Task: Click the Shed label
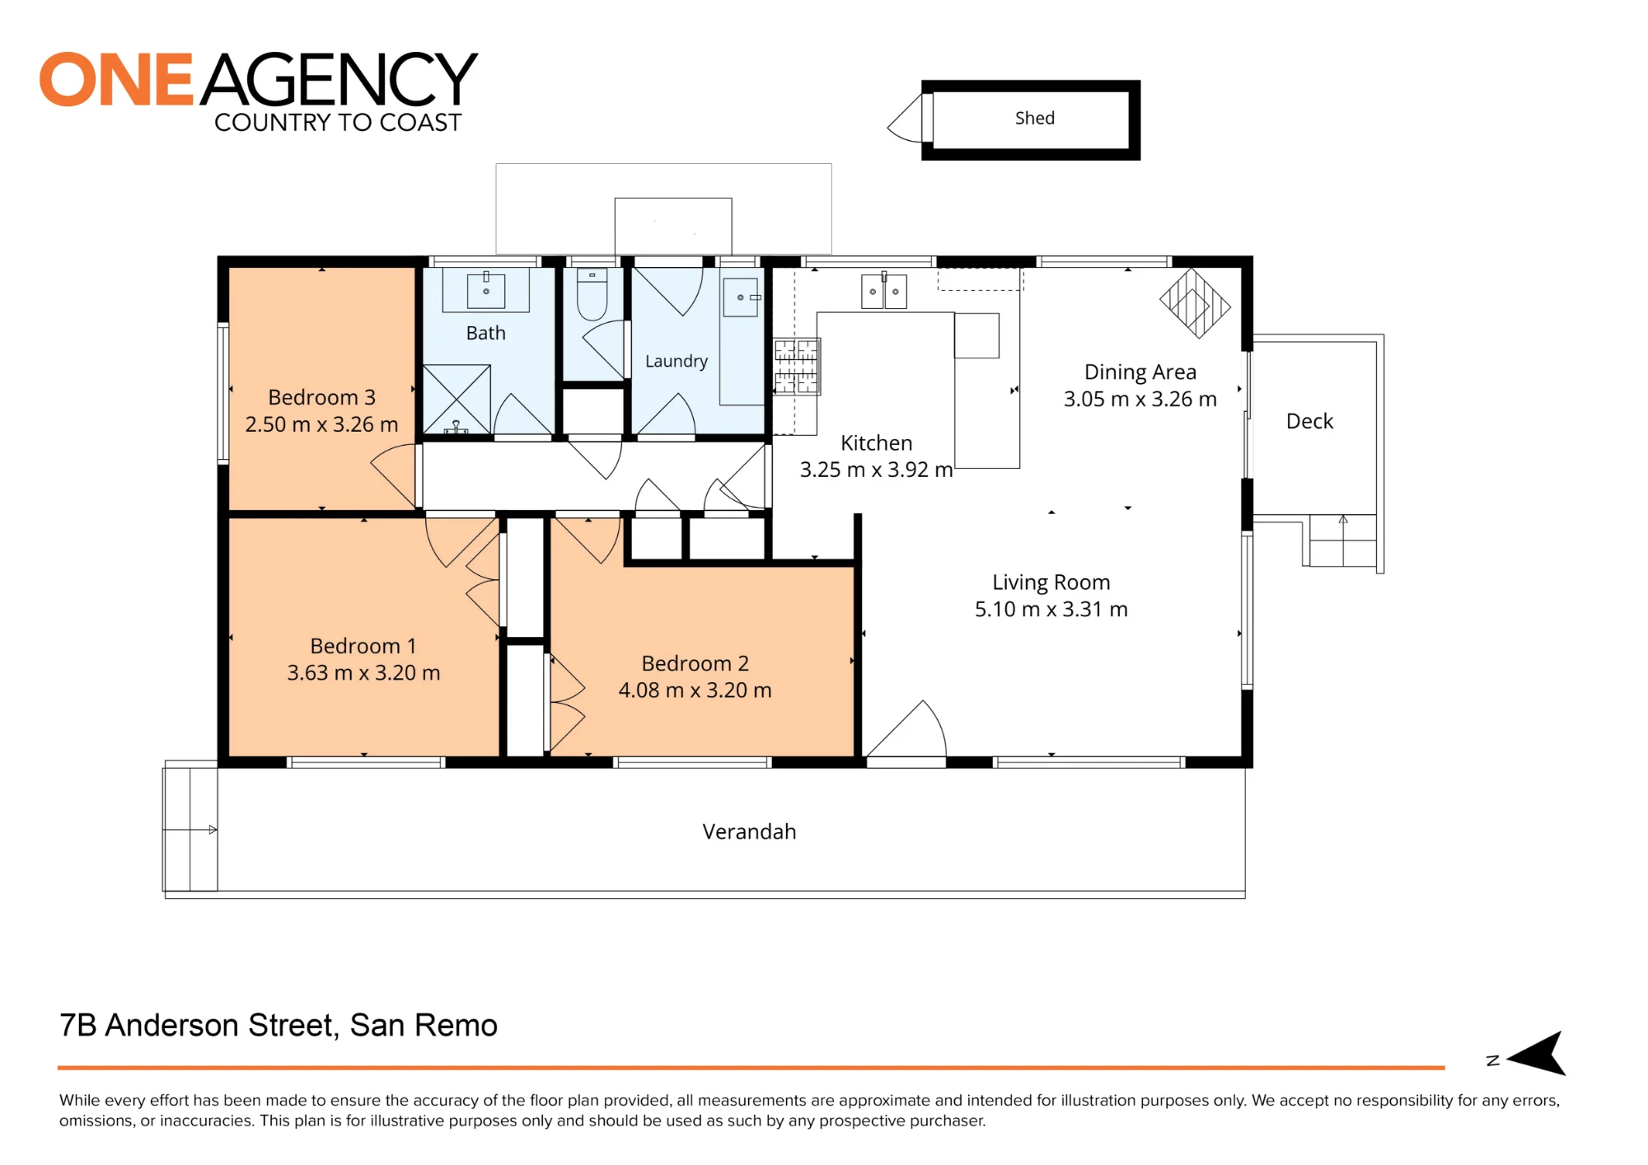pos(1034,118)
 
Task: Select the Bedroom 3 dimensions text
pos(321,424)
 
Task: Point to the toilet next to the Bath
pos(592,294)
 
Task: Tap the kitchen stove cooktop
pos(796,366)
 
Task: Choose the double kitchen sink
pos(884,292)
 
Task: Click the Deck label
pos(1309,421)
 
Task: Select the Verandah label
pos(749,831)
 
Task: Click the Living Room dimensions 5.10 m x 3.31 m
pos(1051,609)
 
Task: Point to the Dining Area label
pos(1140,372)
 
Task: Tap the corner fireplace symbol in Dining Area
pos(1195,303)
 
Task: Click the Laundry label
pos(677,361)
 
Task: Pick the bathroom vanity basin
pos(486,291)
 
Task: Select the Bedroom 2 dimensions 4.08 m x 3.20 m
pos(695,690)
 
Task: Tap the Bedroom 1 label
pos(363,646)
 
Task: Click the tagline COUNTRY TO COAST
pos(338,123)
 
